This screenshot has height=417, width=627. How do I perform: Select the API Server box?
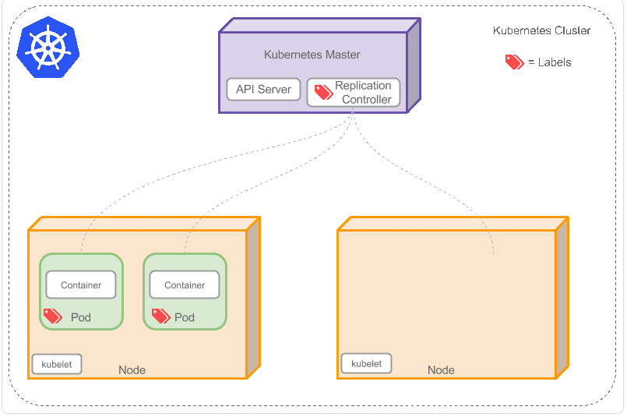pos(263,90)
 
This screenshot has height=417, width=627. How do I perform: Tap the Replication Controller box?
pos(354,93)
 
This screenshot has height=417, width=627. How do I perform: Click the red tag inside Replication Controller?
pos(323,93)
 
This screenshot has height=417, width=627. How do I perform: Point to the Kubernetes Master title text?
pos(312,55)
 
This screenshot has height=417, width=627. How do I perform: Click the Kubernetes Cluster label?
pos(541,31)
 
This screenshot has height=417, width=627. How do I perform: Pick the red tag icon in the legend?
pos(514,62)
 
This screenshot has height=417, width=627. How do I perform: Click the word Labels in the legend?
pos(555,62)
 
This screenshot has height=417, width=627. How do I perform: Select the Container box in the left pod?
pos(81,285)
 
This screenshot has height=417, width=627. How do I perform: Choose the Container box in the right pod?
pos(185,285)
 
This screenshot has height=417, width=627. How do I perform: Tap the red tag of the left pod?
pos(52,316)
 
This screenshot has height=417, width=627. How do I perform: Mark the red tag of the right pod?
pos(160,316)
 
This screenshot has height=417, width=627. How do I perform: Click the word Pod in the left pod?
pos(81,318)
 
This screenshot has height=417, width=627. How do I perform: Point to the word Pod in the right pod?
pos(185,318)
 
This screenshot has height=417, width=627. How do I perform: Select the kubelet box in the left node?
pos(56,364)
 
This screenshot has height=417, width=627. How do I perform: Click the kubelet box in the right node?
pos(366,363)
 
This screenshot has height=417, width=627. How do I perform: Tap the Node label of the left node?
pos(132,370)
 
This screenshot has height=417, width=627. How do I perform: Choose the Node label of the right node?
pos(441,370)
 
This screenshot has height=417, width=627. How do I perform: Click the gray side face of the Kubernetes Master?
pos(414,65)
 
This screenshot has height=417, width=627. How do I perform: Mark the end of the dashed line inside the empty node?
pos(494,253)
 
